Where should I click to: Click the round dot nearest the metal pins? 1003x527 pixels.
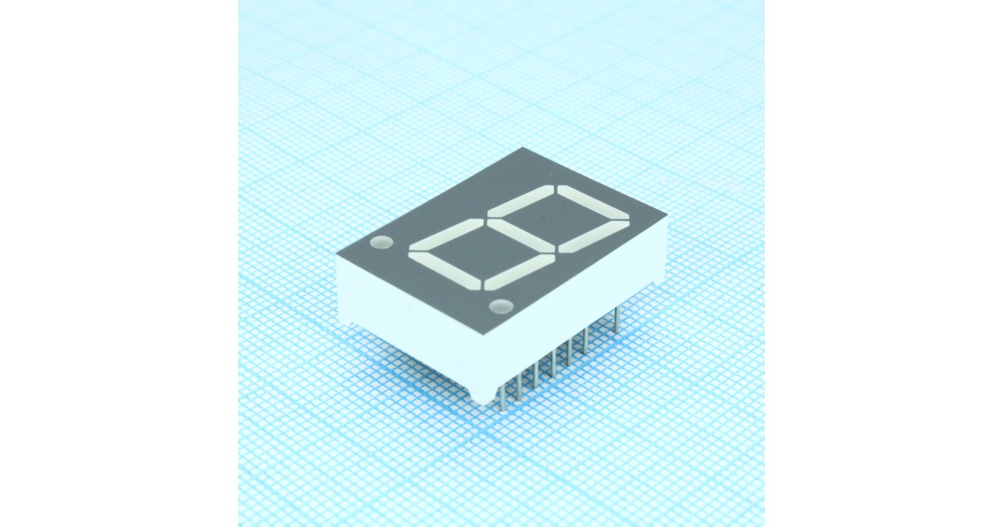tap(501, 305)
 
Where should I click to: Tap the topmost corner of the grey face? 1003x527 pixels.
tap(523, 148)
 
